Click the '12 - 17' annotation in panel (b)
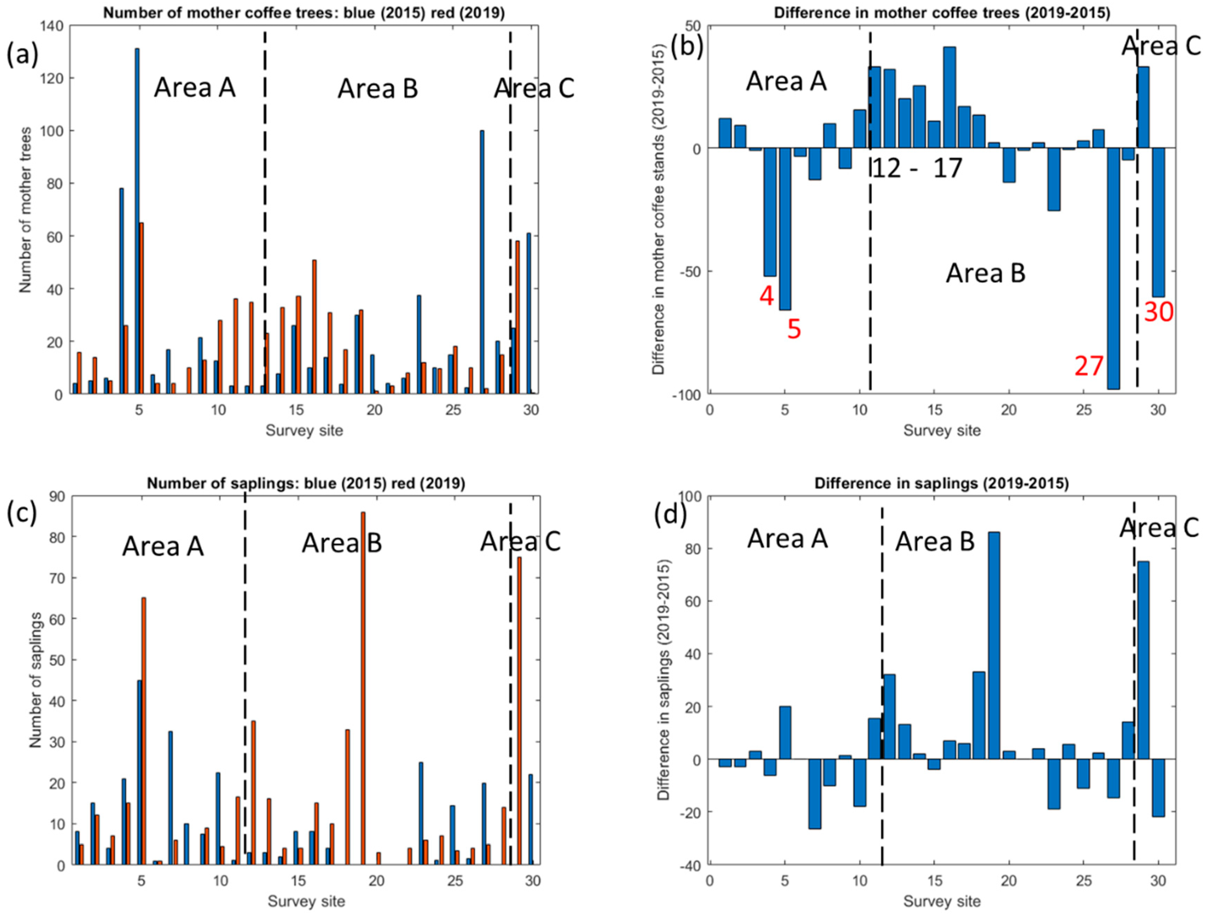tap(916, 169)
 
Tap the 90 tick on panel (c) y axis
tap(59, 497)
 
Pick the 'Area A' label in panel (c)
tap(163, 546)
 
